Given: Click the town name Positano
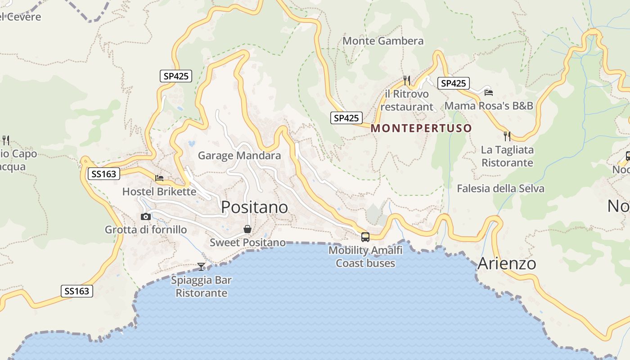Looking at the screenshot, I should (254, 207).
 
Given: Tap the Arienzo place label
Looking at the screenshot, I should (506, 263).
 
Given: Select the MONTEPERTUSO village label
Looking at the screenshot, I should (421, 128).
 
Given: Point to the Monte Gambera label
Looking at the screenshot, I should (383, 41).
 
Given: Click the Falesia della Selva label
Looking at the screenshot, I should (500, 189).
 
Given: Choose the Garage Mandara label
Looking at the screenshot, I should (239, 156).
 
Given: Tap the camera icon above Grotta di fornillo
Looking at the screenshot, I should (145, 217).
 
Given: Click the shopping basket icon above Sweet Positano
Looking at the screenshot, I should (247, 229).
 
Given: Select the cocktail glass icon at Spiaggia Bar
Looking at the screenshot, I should (201, 266).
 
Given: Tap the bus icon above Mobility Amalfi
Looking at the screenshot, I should (365, 237).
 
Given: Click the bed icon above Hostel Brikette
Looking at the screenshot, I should (159, 178).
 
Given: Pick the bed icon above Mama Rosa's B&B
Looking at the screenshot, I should (489, 93).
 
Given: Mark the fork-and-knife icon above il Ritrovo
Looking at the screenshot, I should (407, 81).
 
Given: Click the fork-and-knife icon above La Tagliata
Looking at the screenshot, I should (507, 136).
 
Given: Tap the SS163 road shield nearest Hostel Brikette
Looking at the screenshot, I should (103, 174).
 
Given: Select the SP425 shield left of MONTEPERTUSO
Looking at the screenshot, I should (346, 118).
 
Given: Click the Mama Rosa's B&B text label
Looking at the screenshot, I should (489, 106).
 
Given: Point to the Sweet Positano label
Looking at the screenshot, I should (247, 243).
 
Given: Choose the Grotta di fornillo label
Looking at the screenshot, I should (146, 230).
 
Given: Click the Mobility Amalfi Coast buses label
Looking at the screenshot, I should (365, 256).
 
